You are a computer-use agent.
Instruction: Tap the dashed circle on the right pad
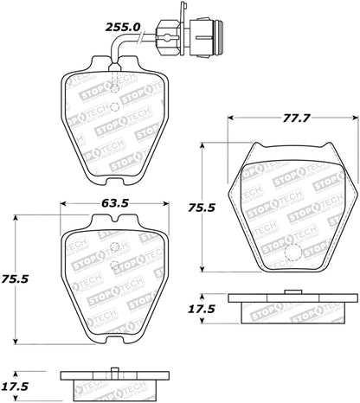(292, 254)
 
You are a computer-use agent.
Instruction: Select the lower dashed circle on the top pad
(113, 106)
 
